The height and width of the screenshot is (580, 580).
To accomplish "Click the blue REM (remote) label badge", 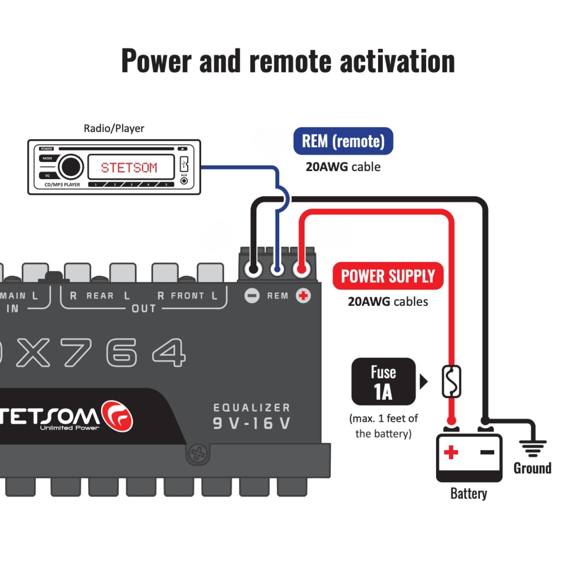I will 343,141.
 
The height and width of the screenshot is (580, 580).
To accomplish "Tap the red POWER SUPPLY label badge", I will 388,276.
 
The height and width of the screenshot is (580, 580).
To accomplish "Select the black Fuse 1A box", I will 383,382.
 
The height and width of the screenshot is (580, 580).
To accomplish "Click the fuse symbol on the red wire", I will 451,382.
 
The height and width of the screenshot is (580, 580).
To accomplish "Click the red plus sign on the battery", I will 451,452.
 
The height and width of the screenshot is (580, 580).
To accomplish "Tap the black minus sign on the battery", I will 487,452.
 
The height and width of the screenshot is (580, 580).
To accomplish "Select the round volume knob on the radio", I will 70,167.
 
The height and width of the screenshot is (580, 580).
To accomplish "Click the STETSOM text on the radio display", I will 129,168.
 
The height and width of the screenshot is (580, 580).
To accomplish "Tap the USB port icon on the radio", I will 184,164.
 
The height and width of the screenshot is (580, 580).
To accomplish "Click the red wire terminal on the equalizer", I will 302,269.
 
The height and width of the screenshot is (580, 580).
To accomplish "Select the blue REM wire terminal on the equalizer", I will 278,269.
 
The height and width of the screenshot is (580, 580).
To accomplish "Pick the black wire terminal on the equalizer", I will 253,269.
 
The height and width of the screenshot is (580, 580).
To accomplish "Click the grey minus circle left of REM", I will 252,296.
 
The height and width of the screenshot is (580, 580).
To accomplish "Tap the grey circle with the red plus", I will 303,296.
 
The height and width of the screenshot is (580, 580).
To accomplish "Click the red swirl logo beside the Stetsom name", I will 117,416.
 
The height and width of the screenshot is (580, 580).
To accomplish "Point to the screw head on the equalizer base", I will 198,453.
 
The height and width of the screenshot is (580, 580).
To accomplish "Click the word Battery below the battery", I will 468,493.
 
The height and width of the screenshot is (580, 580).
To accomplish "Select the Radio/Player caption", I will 114,128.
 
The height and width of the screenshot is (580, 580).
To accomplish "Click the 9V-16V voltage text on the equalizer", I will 252,423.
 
